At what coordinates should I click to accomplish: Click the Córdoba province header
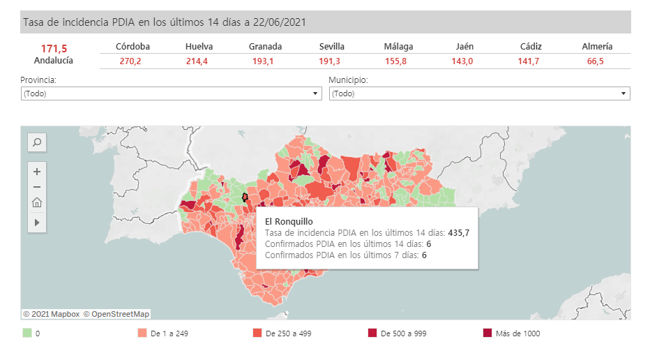(x=133, y=47)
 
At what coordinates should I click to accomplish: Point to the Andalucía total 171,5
(x=54, y=48)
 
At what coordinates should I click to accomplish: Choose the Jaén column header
(x=464, y=47)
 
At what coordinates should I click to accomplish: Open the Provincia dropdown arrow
(x=315, y=93)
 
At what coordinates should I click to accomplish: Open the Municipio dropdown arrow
(x=623, y=93)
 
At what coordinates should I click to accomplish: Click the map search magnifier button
(x=37, y=142)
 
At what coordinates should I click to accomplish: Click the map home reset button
(x=37, y=203)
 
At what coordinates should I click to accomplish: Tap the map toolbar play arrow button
(x=37, y=223)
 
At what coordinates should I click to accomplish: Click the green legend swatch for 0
(x=27, y=333)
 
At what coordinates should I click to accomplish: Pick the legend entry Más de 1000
(x=517, y=333)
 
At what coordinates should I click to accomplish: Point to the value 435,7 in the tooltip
(x=458, y=233)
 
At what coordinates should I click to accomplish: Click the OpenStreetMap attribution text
(x=116, y=314)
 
